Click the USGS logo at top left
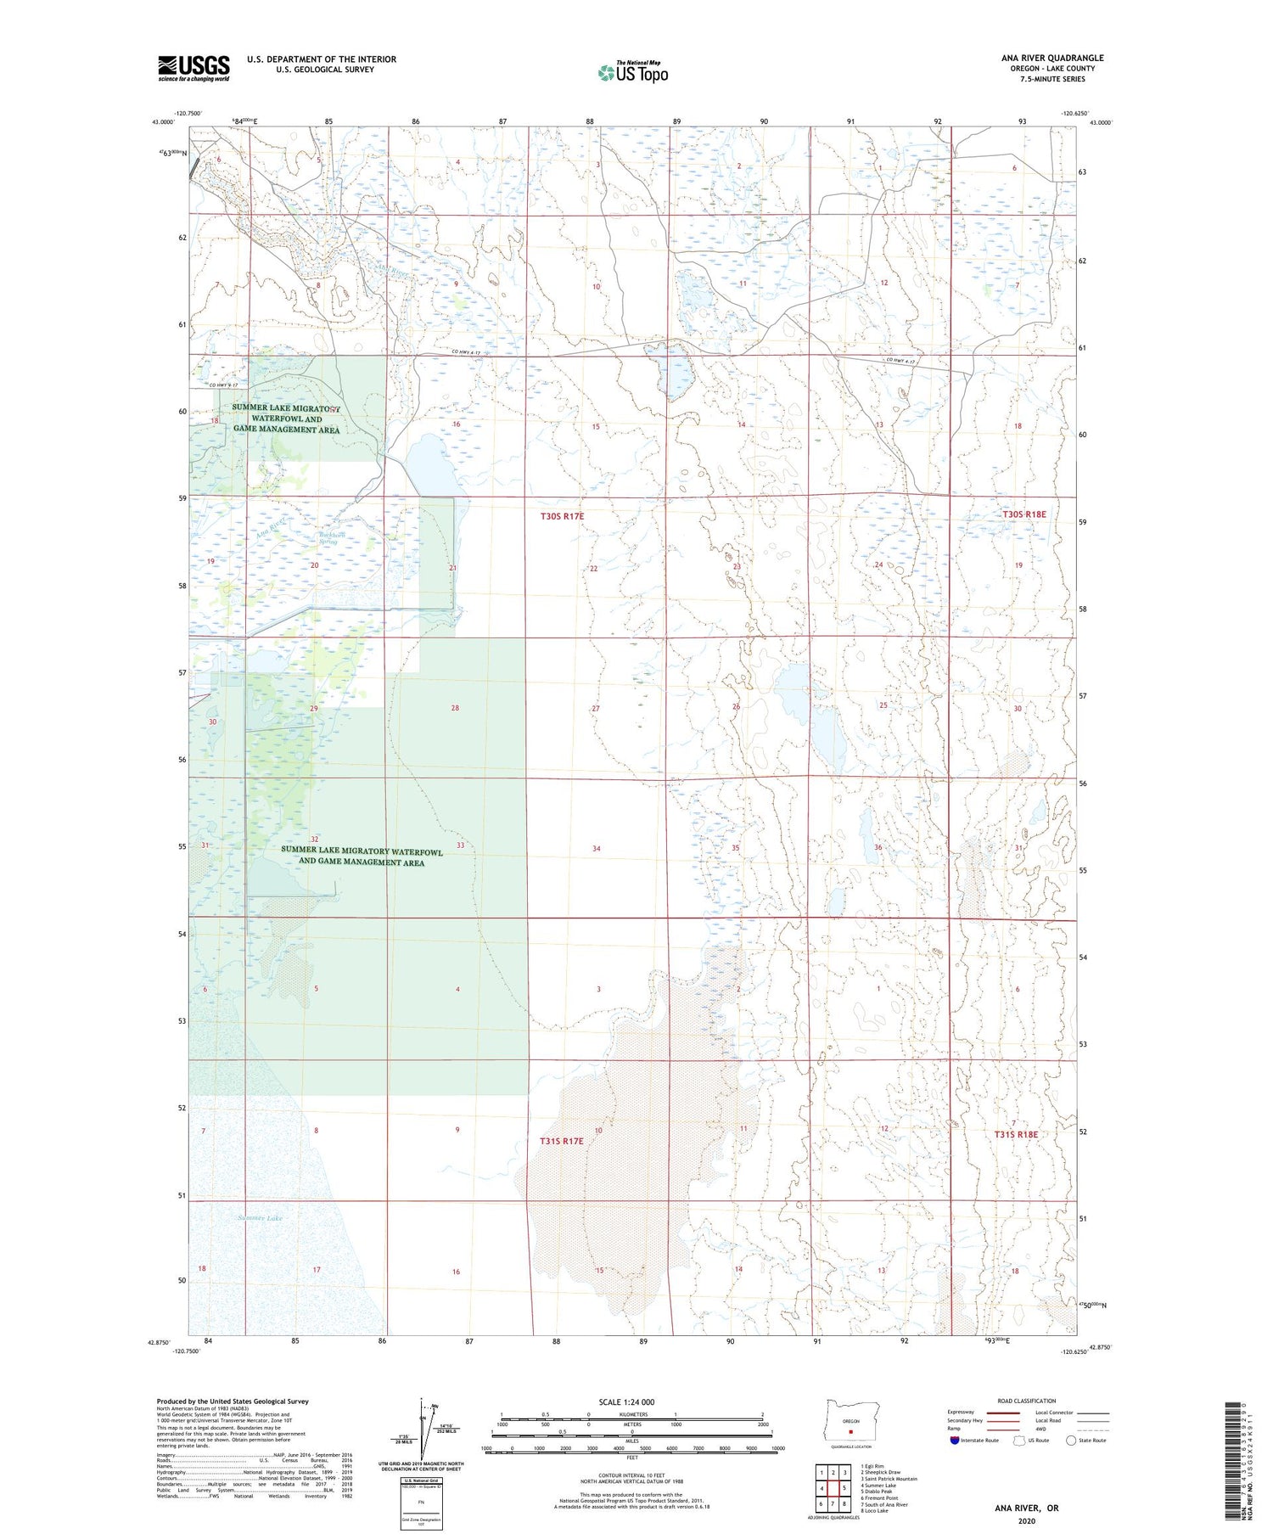tap(193, 68)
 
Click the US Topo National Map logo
tap(632, 73)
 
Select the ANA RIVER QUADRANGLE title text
tap(1051, 58)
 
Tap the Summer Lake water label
tap(260, 1218)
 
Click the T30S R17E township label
tap(563, 516)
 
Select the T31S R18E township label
tap(1016, 1134)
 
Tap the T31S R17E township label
tap(562, 1141)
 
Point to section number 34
tap(597, 849)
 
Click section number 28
tap(455, 708)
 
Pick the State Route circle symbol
tap(1071, 1440)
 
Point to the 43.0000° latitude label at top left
tap(164, 122)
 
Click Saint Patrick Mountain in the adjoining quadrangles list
tap(889, 1479)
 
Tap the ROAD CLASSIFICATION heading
tap(1027, 1401)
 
